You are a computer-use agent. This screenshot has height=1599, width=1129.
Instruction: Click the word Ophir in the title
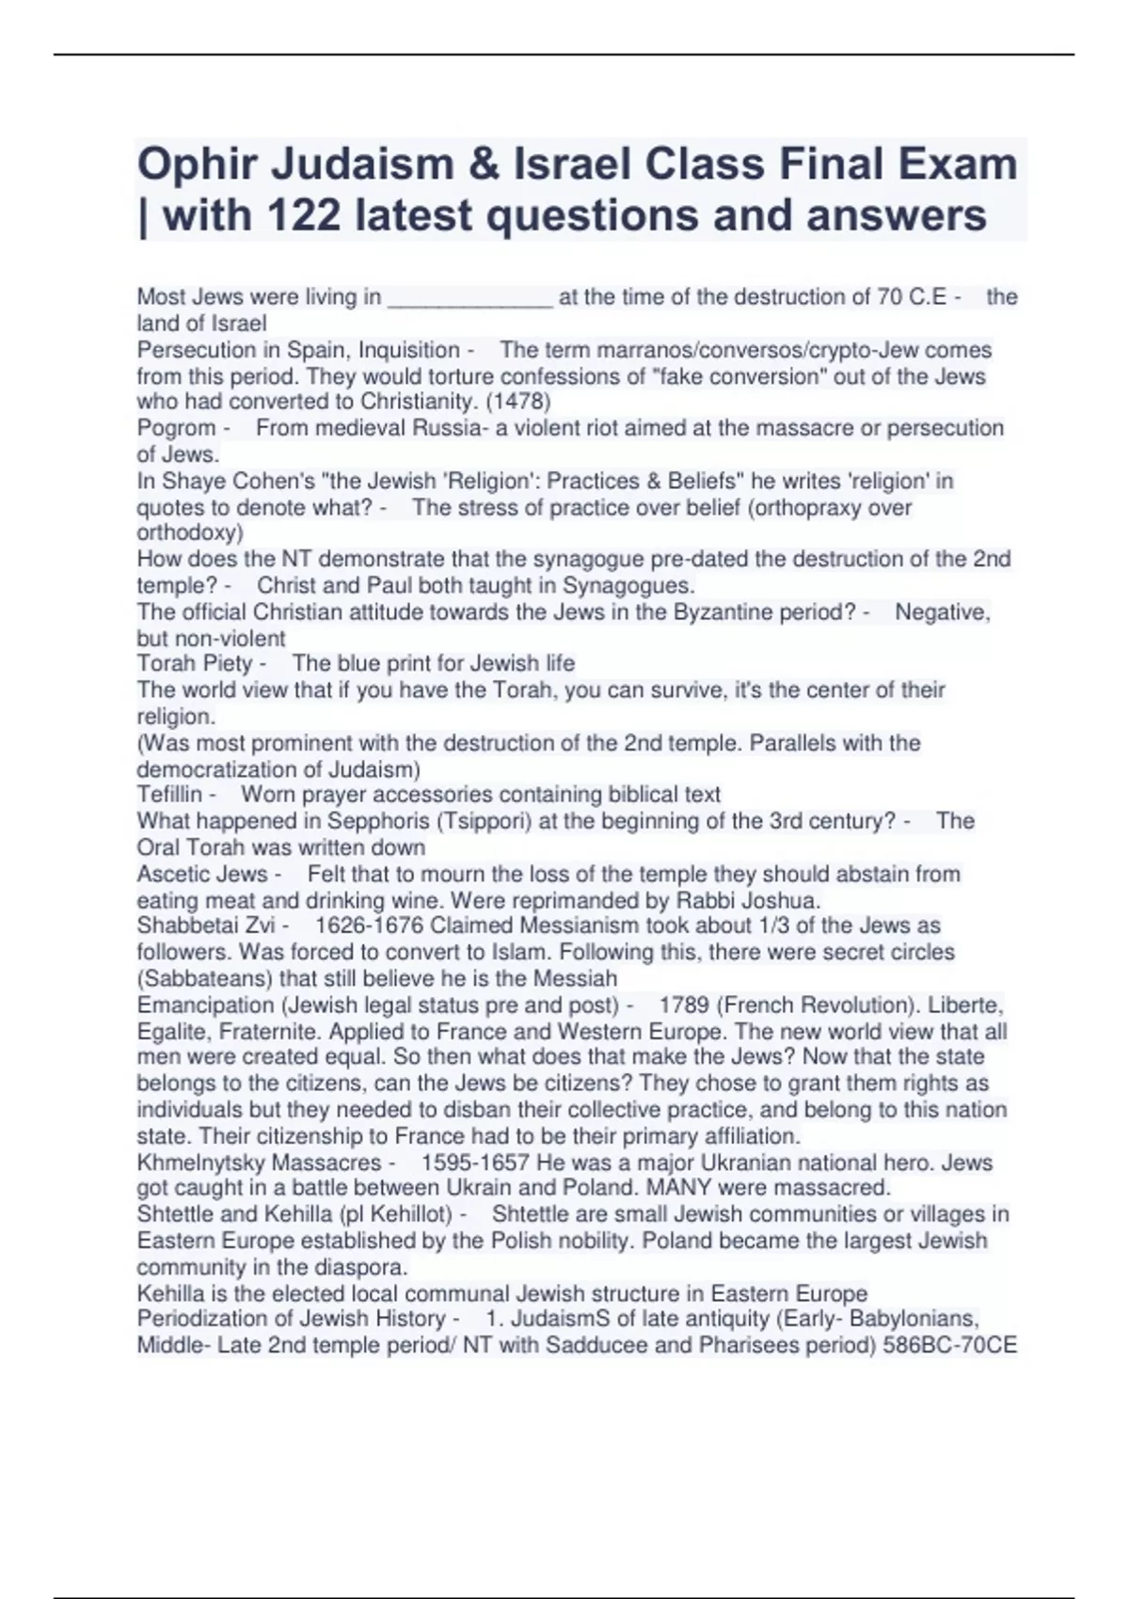[x=197, y=165]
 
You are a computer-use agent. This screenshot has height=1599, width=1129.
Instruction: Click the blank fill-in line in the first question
[x=469, y=299]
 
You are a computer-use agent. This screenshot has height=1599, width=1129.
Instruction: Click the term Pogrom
[x=176, y=428]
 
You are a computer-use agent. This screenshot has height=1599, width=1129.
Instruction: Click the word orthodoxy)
[x=190, y=533]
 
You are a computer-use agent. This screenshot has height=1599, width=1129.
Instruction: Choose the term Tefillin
[x=169, y=795]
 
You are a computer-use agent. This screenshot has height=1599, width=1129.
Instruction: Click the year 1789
[x=684, y=1005]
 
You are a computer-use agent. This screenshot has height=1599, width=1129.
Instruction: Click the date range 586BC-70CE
[x=949, y=1345]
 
